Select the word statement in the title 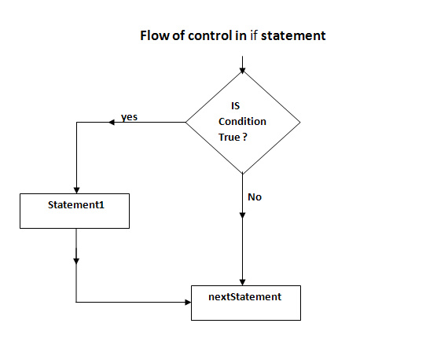pos(293,35)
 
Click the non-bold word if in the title pos(254,35)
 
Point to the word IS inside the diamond pos(236,106)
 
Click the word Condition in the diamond pos(242,121)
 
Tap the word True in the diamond pos(230,137)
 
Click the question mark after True pos(245,137)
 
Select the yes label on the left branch pos(129,117)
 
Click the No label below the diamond pos(255,197)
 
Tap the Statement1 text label pos(76,205)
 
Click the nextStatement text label pos(245,297)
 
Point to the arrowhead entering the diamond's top pos(243,71)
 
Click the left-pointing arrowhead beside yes pos(112,123)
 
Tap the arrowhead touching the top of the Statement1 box pos(76,190)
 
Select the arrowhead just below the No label pos(242,215)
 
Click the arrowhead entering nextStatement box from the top pos(243,282)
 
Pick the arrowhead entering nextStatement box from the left pos(188,302)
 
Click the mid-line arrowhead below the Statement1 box pos(76,261)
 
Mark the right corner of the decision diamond pos(300,123)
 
